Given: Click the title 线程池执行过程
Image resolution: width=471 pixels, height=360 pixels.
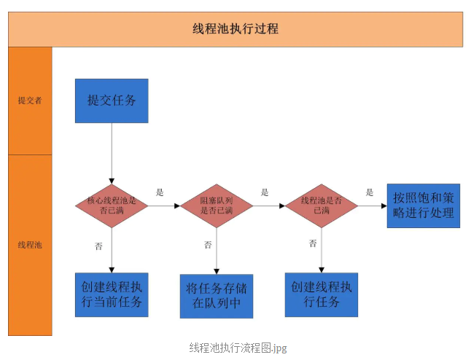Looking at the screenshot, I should click(x=235, y=29).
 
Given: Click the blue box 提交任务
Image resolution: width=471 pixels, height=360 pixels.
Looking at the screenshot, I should click(x=112, y=101).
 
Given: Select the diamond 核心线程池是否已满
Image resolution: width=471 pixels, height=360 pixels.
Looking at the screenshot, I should click(x=112, y=206).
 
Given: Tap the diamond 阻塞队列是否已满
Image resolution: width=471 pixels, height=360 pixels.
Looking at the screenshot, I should click(x=217, y=206).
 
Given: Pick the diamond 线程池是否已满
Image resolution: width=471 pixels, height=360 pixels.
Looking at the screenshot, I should click(x=322, y=206).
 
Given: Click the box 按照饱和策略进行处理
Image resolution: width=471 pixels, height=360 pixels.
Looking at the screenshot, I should click(x=423, y=206).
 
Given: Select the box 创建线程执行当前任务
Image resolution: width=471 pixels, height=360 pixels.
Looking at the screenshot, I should click(x=112, y=295).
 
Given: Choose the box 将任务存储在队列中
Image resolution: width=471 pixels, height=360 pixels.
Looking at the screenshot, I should click(x=217, y=296).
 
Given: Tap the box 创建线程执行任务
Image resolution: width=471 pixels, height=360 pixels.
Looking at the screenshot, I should click(x=322, y=295).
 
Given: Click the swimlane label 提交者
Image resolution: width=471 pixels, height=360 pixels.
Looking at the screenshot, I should click(x=30, y=101).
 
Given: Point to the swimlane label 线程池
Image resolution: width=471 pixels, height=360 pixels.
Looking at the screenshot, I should click(x=30, y=245).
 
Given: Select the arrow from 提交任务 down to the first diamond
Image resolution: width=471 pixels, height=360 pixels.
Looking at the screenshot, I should click(x=112, y=153).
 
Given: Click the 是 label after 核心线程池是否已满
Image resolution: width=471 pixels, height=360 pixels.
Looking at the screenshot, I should click(x=160, y=192).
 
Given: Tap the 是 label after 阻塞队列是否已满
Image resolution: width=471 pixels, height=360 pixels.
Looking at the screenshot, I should click(x=265, y=192).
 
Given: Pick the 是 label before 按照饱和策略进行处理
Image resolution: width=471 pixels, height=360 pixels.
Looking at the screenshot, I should click(x=370, y=192).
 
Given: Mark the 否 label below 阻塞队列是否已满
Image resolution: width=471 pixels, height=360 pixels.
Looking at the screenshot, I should click(x=207, y=245).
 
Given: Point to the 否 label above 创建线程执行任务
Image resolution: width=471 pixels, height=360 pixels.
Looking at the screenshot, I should click(x=313, y=243).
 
